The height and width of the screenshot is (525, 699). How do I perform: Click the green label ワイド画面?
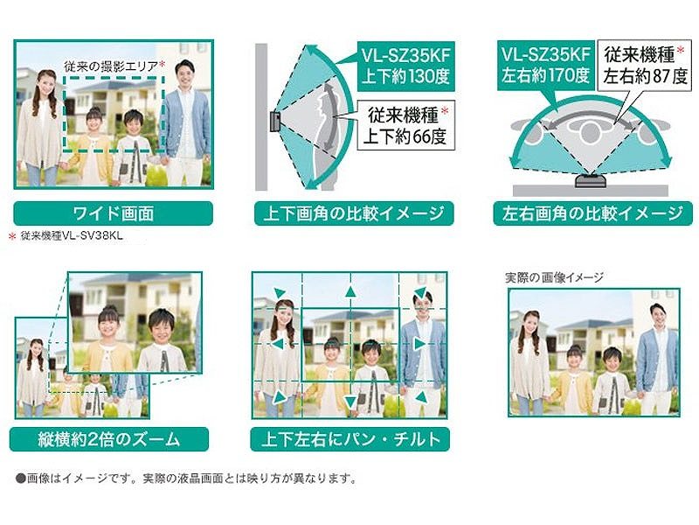tap(114, 213)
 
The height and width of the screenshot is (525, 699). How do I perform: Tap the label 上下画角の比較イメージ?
tap(354, 213)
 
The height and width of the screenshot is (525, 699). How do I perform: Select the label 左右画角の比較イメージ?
tap(593, 213)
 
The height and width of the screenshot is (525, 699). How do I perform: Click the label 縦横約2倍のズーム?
tap(108, 439)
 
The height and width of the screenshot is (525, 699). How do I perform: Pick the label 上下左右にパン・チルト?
tap(350, 439)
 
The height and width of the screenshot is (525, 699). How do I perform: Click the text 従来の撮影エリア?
tap(111, 66)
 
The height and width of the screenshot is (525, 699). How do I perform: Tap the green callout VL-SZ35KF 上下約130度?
tap(405, 66)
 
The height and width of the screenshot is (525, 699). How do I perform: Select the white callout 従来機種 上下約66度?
tap(405, 125)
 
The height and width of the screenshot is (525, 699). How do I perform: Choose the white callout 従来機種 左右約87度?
tap(645, 66)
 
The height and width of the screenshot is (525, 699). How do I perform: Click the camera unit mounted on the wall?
tap(274, 122)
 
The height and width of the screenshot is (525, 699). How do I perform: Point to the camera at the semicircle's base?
tap(591, 181)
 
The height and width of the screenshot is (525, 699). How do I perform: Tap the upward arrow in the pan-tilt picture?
tap(350, 292)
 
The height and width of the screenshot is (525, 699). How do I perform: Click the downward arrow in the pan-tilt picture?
tap(350, 400)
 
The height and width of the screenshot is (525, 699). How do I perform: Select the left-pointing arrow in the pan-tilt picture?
tap(277, 344)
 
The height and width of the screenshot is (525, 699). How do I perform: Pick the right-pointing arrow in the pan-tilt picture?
tap(420, 344)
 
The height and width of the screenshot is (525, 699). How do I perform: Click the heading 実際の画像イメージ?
tap(554, 277)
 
